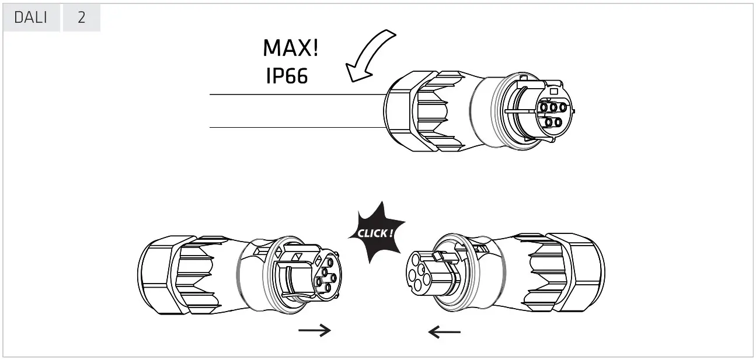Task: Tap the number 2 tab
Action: pos(81,18)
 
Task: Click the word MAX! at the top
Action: pos(291,48)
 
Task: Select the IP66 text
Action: pos(287,76)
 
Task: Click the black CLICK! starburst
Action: pos(376,233)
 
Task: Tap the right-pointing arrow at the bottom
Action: pos(315,331)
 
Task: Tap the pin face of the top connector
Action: pos(551,114)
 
